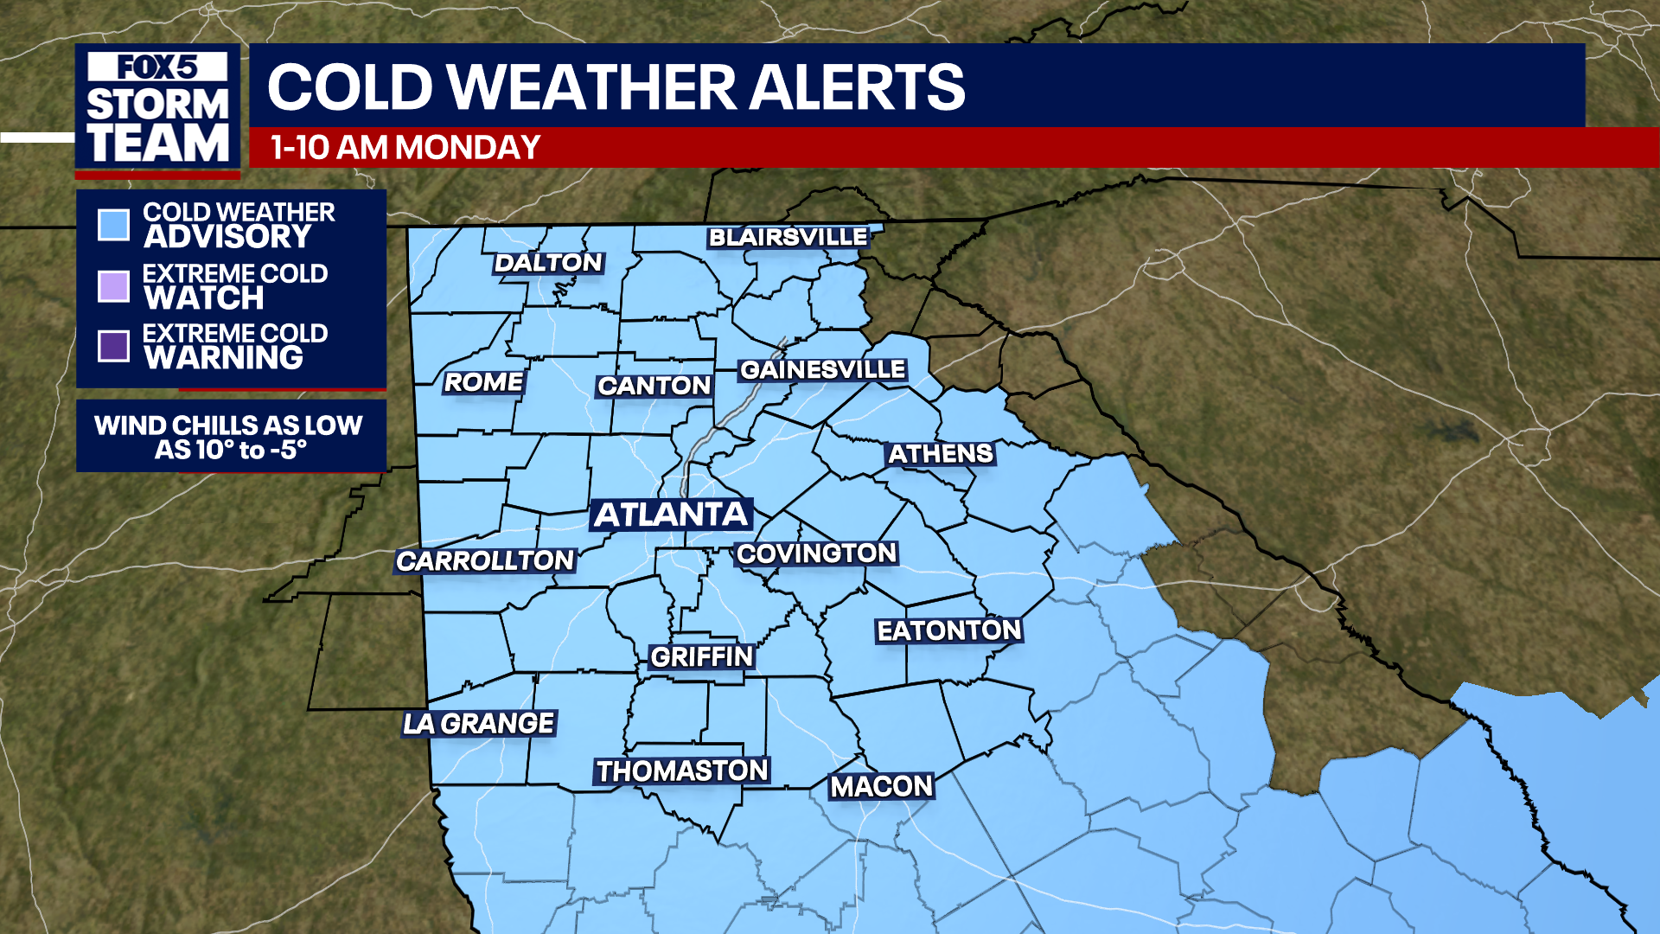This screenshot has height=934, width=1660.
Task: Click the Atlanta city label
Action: pos(671,515)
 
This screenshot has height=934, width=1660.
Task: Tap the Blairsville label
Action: pos(788,237)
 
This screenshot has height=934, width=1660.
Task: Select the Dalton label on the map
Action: pos(548,263)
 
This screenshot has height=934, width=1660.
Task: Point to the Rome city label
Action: pos(483,382)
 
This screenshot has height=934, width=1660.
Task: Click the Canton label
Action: pos(654,386)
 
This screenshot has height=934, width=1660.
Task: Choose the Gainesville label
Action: pos(822,370)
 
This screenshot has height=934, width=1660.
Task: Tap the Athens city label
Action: pos(941,454)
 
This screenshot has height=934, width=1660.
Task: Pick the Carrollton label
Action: pos(485,561)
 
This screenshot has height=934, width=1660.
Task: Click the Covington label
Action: pos(816,553)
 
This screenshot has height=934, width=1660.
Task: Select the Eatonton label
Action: pos(949,630)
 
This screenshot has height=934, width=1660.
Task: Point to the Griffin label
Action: pos(702,657)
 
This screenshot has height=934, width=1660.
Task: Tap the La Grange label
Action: pos(479,723)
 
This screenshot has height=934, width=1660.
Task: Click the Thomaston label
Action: pos(682,771)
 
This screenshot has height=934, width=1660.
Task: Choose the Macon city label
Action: pos(882,786)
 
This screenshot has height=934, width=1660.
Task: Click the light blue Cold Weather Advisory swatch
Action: pos(114,224)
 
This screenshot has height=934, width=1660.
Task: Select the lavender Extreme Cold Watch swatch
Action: pos(114,285)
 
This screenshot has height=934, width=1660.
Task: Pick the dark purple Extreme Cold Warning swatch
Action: pos(114,346)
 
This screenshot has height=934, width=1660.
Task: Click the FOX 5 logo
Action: pos(157,67)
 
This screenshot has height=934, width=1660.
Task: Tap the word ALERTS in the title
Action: pos(856,87)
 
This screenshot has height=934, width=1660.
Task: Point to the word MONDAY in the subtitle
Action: pos(468,148)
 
